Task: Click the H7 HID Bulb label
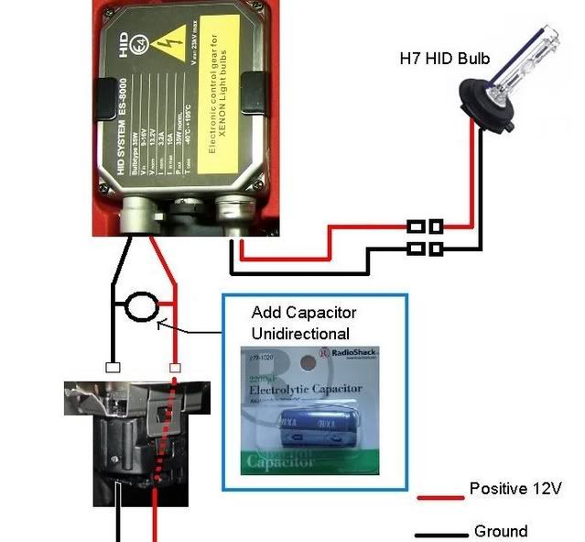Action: click(445, 59)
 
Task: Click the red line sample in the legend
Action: click(439, 497)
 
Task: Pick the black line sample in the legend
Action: click(439, 535)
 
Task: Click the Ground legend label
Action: click(501, 531)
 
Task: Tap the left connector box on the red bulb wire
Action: click(415, 226)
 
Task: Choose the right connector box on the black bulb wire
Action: click(437, 248)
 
